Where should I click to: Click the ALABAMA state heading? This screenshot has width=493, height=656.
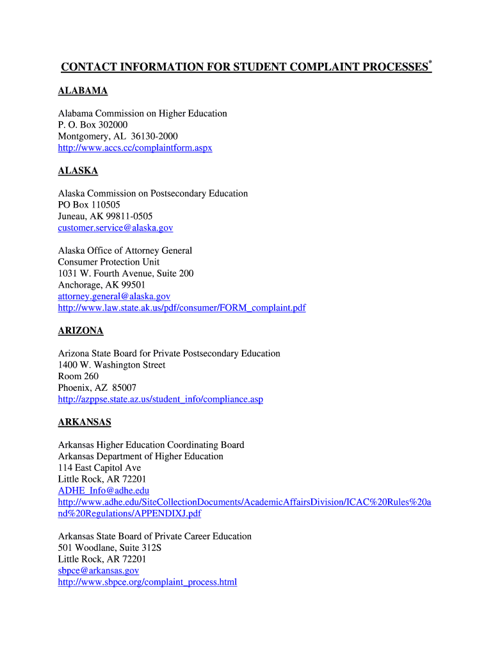tap(83, 91)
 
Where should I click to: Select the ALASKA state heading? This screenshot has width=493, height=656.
tap(77, 171)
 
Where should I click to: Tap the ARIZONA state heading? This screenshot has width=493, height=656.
tap(80, 331)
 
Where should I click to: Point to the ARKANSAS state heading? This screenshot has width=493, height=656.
tap(85, 422)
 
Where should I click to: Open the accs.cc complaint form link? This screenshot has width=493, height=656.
tap(134, 148)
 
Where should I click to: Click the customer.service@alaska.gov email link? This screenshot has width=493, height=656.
tap(115, 227)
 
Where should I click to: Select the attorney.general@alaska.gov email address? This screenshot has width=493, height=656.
tap(114, 297)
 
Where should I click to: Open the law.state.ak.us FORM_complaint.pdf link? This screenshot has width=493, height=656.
tap(181, 308)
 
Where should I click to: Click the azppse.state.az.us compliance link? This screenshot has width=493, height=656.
tap(160, 399)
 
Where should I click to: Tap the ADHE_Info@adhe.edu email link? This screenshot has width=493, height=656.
tap(103, 491)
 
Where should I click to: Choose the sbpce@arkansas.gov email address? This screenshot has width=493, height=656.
tap(98, 570)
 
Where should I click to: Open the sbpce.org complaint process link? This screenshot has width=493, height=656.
tap(147, 582)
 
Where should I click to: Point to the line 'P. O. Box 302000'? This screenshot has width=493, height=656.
tap(92, 125)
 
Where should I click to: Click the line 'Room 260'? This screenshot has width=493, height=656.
tap(78, 376)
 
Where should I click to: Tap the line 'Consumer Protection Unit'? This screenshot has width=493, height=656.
tap(108, 262)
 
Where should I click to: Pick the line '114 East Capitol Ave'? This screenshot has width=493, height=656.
tap(99, 468)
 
